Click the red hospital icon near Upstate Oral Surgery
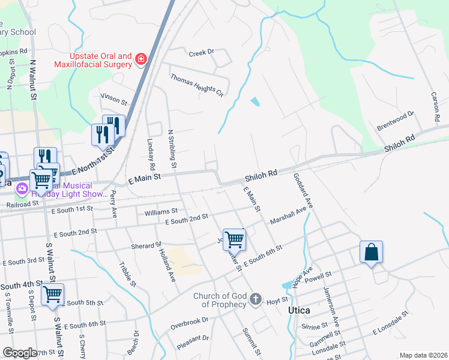pos(140,59)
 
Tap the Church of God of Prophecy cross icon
pos(255,299)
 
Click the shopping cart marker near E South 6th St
pos(234,239)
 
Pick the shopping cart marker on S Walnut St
pos(52,295)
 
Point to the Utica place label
pos(298,310)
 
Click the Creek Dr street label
pos(201,53)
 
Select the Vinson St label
pos(114,97)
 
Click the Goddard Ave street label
pos(303,191)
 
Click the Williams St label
pos(161,212)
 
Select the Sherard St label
pos(146,245)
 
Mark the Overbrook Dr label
pos(188,324)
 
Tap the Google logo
pos(20,353)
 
